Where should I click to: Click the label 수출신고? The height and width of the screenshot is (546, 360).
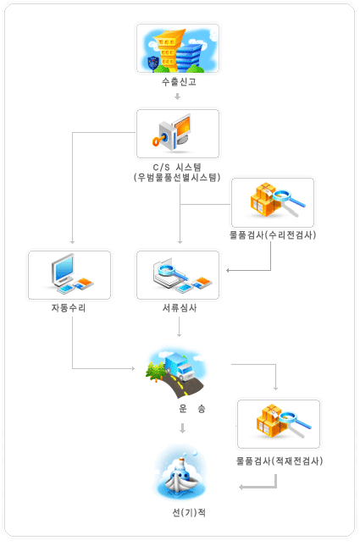tap(179, 82)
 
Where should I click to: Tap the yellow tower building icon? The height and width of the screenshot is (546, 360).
tap(168, 49)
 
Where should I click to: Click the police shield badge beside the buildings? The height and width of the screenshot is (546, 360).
tap(153, 63)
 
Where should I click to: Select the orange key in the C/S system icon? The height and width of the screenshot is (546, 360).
tap(159, 140)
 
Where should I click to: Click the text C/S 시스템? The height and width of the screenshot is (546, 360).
tap(177, 167)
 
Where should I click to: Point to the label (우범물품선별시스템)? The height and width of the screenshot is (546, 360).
tap(177, 178)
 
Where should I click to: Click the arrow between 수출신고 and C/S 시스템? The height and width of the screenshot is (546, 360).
tap(177, 97)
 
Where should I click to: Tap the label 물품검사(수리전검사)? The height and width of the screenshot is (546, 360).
tap(273, 235)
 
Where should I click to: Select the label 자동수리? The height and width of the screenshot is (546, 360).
tap(69, 308)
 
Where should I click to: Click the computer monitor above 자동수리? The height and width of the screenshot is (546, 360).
tap(63, 269)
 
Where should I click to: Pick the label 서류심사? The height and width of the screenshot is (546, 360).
tap(180, 308)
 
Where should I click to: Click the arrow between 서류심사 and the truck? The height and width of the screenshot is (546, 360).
tap(179, 327)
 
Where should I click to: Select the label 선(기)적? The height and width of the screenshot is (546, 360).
tap(189, 513)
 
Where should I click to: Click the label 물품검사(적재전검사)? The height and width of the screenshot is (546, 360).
tap(280, 461)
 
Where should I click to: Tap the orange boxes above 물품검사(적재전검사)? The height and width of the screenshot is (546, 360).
tap(270, 420)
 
